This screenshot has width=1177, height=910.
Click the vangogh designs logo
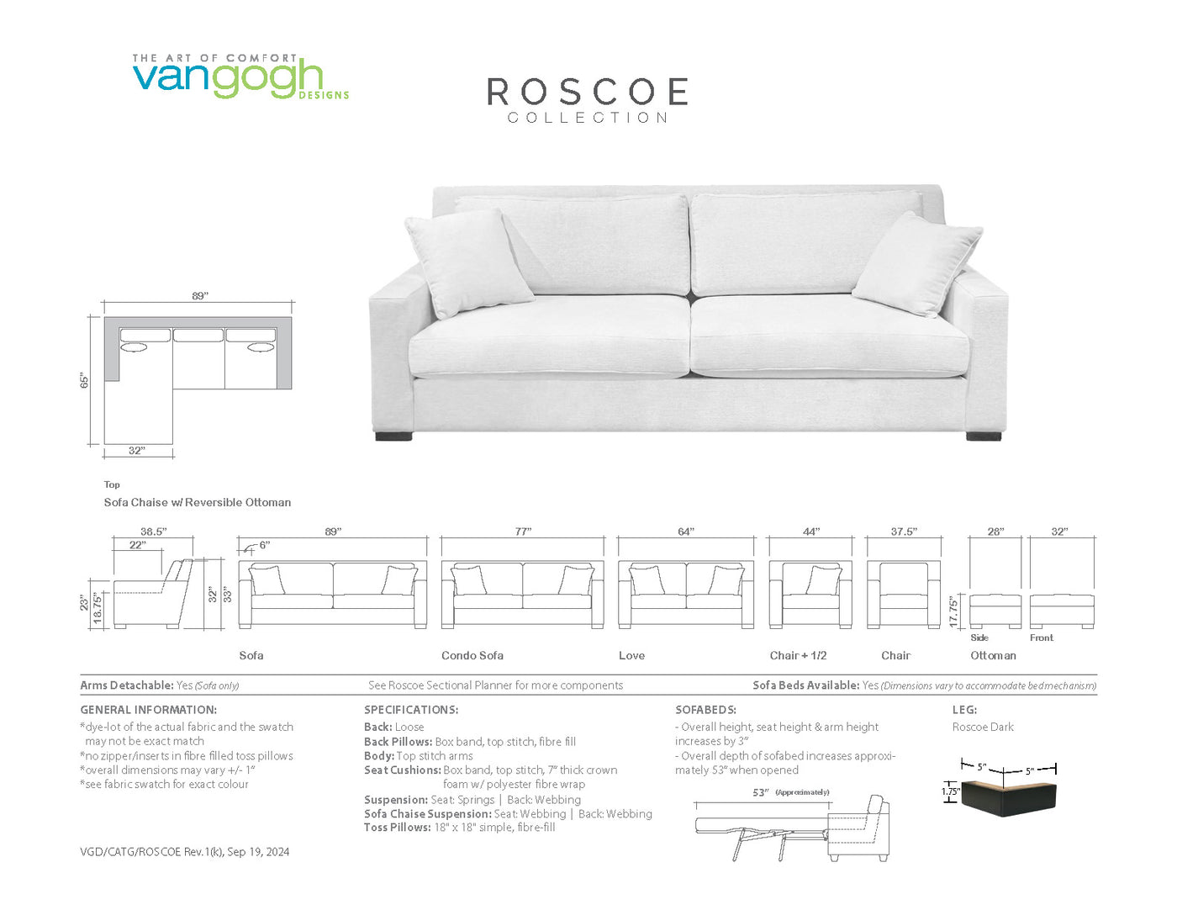(240, 77)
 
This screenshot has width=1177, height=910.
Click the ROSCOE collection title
(588, 100)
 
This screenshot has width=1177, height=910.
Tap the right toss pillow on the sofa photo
(917, 264)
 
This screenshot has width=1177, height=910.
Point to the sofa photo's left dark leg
(393, 436)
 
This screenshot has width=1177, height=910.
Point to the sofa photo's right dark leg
(983, 436)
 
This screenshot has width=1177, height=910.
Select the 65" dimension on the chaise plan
(84, 380)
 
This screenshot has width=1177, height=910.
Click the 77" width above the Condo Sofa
(523, 532)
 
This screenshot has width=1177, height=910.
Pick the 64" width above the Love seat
(686, 532)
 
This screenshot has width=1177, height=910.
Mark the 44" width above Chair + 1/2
(810, 532)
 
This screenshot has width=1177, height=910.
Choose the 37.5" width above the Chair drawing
(904, 532)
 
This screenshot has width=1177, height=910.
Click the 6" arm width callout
(264, 545)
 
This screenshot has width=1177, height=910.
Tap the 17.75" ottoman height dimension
(954, 612)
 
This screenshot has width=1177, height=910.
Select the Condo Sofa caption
(472, 655)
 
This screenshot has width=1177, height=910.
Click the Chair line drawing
(904, 595)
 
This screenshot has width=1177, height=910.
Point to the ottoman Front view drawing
(1062, 611)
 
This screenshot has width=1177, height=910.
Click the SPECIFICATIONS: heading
(411, 710)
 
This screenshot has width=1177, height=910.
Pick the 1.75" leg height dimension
(950, 791)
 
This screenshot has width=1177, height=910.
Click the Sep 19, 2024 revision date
(258, 852)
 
